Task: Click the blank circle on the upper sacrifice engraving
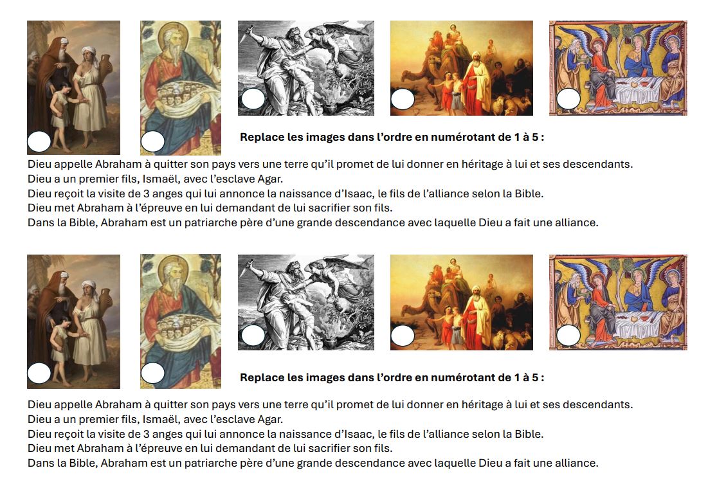253,99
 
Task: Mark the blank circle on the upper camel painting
403,99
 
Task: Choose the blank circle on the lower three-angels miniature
568,335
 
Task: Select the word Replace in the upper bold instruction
262,137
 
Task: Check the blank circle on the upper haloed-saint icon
153,141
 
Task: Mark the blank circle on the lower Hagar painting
39,373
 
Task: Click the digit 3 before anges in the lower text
147,434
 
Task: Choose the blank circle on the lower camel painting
403,336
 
